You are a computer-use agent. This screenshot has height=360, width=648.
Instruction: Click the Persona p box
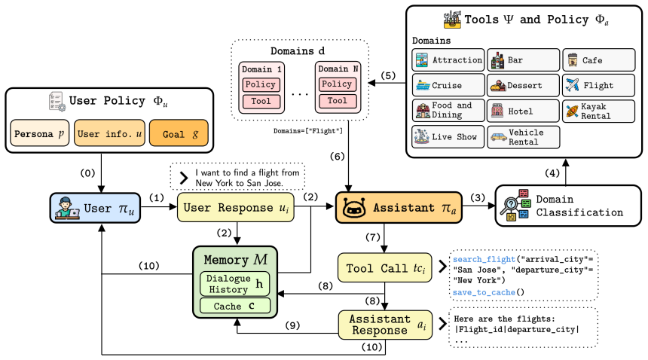pos(39,133)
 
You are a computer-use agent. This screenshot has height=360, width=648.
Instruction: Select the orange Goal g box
pos(179,133)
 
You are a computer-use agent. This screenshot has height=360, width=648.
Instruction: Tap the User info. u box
pos(109,133)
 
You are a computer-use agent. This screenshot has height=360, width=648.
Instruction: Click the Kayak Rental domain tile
pos(598,111)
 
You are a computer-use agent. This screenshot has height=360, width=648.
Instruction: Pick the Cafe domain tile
pos(598,59)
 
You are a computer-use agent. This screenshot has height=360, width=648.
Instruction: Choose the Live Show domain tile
pos(448,136)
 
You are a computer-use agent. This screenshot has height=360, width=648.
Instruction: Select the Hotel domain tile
pos(523,111)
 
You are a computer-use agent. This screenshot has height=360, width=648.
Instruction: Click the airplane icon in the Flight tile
pos(573,85)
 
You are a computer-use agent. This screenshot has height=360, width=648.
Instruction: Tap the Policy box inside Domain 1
pos(261,84)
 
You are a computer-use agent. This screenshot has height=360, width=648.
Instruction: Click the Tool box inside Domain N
pos(338,101)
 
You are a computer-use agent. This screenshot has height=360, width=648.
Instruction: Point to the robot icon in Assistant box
pos(354,208)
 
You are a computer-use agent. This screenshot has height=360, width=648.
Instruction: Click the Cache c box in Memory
pos(235,306)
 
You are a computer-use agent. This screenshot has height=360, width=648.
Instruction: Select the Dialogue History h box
pos(235,284)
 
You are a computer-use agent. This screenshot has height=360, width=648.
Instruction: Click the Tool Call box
pos(385,268)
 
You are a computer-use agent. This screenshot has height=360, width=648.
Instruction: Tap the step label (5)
pos(388,75)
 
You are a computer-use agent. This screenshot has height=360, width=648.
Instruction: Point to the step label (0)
pos(87,173)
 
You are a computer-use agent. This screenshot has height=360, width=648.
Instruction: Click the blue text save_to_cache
pos(484,292)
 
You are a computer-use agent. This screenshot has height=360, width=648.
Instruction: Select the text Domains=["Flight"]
pos(308,131)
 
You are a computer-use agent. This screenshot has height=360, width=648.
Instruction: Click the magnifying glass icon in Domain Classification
pos(509,205)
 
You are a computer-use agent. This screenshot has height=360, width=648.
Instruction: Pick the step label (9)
pos(292,325)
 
